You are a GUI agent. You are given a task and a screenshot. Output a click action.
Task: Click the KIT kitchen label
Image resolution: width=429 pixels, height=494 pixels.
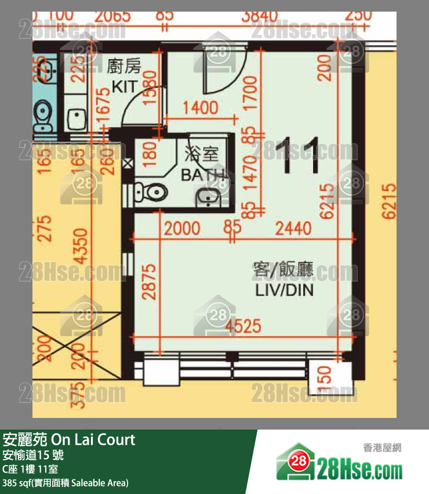tap(125, 87)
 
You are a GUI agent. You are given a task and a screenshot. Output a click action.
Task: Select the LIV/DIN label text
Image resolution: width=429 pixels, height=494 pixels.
tap(284, 290)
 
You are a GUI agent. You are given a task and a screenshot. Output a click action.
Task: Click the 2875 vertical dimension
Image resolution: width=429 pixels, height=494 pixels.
tap(149, 282)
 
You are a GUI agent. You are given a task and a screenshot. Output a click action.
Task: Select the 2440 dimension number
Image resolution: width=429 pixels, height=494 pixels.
tap(293, 228)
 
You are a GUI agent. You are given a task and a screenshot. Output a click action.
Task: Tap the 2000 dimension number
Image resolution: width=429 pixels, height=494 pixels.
tap(182, 228)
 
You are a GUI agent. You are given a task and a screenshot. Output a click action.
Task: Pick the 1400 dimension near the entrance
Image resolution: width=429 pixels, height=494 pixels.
tap(200, 108)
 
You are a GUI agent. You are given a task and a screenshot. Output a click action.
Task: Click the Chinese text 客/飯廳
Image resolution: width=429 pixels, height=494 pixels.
tap(283, 269)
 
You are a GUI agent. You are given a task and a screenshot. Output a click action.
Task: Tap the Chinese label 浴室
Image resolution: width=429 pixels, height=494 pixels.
tap(201, 154)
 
